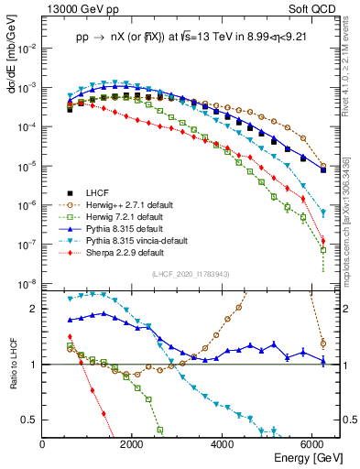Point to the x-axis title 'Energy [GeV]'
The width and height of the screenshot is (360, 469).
309,457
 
